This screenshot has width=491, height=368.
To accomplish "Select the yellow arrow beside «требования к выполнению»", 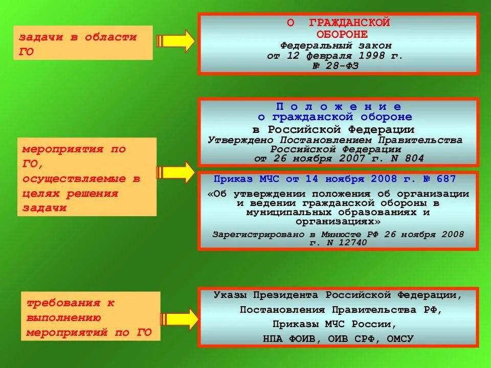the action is (x=179, y=319).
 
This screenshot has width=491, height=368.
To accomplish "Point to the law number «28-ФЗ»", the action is (x=343, y=66).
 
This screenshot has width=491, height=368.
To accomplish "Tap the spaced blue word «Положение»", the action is (x=338, y=106).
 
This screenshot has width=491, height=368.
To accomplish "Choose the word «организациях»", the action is (x=338, y=221).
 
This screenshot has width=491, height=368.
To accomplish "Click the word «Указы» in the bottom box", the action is (x=229, y=295).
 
